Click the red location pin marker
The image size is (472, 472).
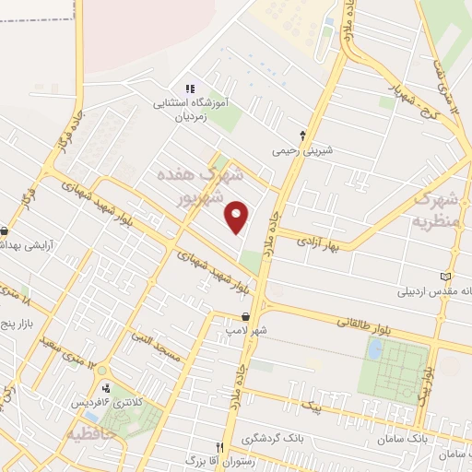(x=238, y=217)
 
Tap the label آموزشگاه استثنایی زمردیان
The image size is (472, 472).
(x=189, y=108)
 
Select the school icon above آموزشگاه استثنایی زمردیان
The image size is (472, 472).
(x=189, y=88)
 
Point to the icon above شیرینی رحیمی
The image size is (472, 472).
(x=302, y=135)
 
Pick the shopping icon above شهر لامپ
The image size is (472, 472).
(x=244, y=316)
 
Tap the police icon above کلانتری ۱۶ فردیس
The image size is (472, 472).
(x=107, y=386)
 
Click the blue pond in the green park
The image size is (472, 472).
(x=374, y=349)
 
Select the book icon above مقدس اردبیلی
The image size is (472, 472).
(x=447, y=277)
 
